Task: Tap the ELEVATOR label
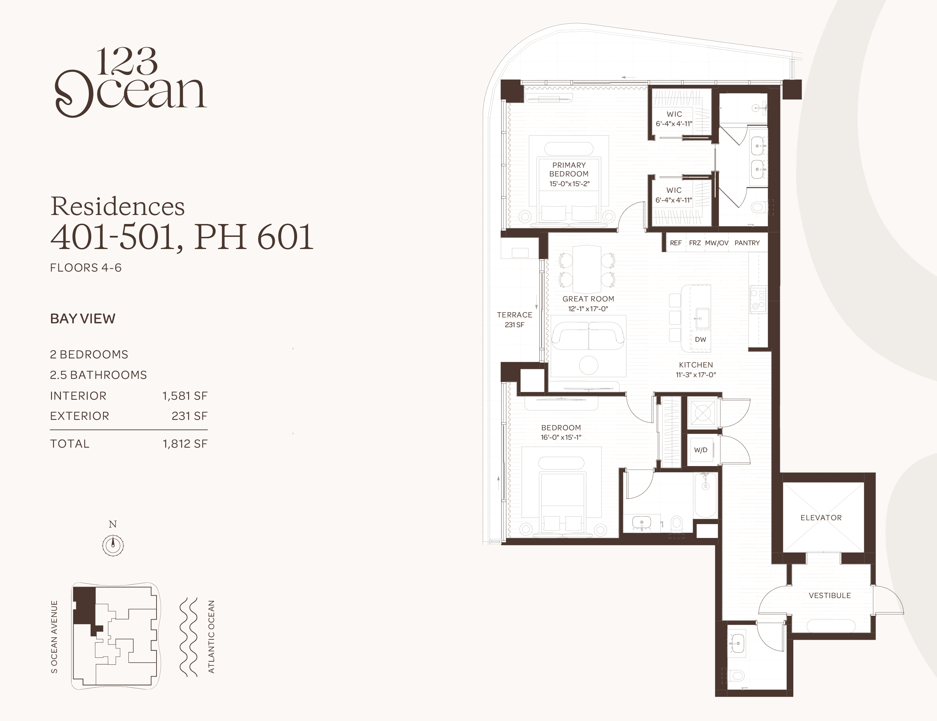tap(821, 517)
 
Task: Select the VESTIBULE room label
tap(829, 595)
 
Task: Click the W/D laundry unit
tap(700, 450)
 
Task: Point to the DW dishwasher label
tap(700, 339)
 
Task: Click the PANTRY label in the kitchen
tap(747, 243)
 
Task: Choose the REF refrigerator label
tap(676, 243)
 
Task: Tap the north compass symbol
tap(113, 546)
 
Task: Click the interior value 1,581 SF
tap(185, 396)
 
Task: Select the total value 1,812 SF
tap(185, 444)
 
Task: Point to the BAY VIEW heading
tap(83, 318)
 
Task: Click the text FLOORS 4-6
tap(86, 268)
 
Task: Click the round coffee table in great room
tap(588, 365)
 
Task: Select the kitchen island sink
tap(702, 318)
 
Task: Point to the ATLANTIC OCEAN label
tap(211, 637)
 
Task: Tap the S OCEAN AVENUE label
tap(54, 637)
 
